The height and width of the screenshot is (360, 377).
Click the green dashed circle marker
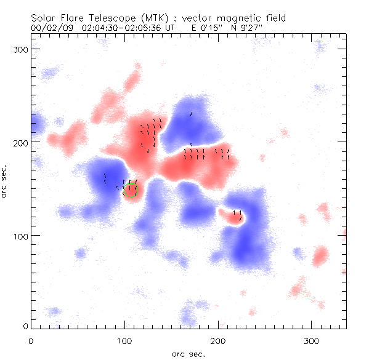point(130,189)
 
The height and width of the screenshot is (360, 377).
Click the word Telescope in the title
point(120,18)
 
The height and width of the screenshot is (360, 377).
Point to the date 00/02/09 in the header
point(51,28)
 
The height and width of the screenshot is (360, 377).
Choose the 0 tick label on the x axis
point(31,340)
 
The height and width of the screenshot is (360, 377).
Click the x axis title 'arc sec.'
point(188,354)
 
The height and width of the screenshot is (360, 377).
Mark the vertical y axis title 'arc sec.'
point(6,181)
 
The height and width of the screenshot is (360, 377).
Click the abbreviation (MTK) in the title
point(161,18)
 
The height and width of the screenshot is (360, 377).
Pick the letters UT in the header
point(171,28)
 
